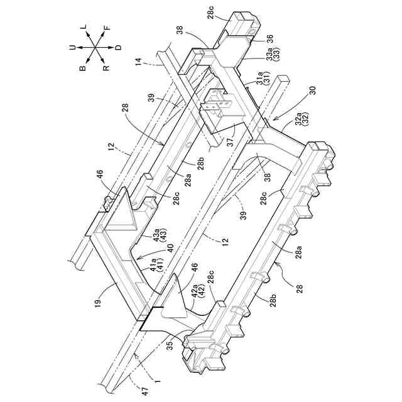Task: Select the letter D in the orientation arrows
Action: tap(119, 48)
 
